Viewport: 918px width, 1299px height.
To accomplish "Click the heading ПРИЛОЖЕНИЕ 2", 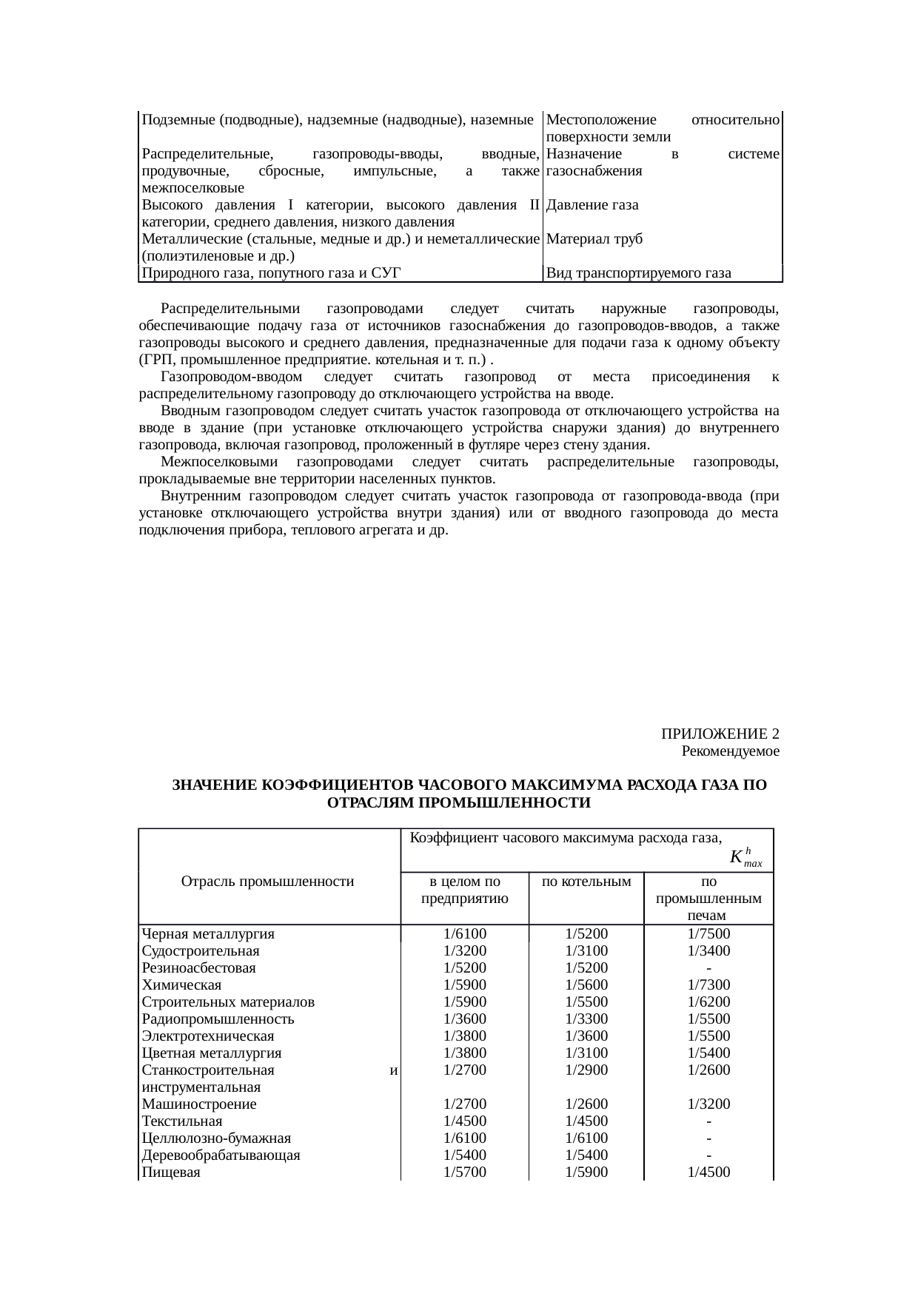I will [720, 734].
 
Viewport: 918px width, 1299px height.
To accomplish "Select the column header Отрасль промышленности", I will [268, 882].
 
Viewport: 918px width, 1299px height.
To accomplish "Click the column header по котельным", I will [586, 882].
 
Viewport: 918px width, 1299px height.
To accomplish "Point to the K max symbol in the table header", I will [745, 858].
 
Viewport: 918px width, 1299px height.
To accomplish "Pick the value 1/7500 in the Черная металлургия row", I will [708, 933].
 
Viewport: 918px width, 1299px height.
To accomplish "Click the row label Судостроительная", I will [201, 950].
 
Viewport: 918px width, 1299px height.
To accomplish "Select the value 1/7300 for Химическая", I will [708, 984].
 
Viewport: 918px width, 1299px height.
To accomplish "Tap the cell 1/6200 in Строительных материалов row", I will [708, 1001].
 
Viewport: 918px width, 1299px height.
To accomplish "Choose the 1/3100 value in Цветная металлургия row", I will [586, 1053].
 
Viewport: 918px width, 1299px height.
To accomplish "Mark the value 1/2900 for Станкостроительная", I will [586, 1070].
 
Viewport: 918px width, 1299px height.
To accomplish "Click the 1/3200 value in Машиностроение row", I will [708, 1104].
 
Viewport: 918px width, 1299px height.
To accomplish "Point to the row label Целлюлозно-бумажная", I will [216, 1138].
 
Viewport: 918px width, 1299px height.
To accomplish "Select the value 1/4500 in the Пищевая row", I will [708, 1172].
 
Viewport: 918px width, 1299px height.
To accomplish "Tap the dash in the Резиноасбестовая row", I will [708, 968].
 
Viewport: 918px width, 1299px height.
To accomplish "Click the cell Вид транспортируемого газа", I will [639, 273].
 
